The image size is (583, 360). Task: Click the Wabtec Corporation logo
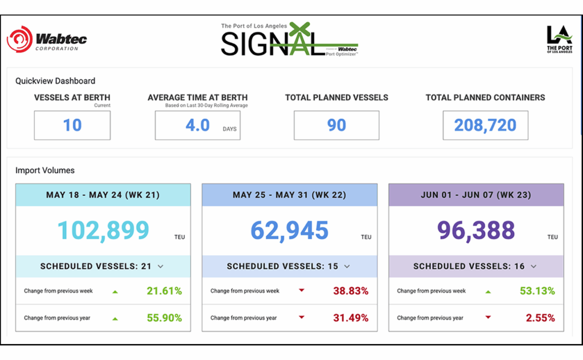(x=47, y=40)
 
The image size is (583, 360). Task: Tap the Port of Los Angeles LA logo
(x=559, y=39)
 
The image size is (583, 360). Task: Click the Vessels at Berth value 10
(x=72, y=125)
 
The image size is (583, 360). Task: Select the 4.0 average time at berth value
(x=198, y=125)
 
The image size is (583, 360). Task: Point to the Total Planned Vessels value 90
(x=336, y=125)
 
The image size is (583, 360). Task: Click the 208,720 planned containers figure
(x=485, y=125)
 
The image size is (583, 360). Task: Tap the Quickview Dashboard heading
(x=55, y=81)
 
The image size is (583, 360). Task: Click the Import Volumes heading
(x=45, y=170)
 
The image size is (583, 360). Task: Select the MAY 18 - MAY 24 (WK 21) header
(x=103, y=195)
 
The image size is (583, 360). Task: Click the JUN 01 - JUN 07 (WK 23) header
(x=476, y=195)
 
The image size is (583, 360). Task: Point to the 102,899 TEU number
(x=103, y=230)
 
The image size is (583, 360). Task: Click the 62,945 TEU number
(x=289, y=230)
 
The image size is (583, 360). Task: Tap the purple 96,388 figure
(x=476, y=230)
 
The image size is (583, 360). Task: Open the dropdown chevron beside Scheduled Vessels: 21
(x=161, y=267)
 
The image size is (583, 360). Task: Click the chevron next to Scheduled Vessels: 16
(x=533, y=267)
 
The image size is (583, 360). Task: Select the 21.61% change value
(x=165, y=291)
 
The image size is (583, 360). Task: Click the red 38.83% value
(x=351, y=291)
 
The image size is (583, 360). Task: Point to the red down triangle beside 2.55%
(x=488, y=318)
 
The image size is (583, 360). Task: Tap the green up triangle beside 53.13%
(x=488, y=292)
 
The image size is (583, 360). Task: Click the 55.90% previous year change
(x=165, y=318)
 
